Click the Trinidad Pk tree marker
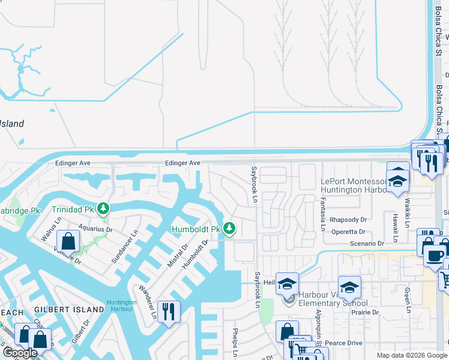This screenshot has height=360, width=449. pyautogui.click(x=104, y=209)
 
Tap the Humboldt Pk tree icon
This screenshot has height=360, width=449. pyautogui.click(x=229, y=228)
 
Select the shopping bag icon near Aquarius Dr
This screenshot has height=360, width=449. pyautogui.click(x=69, y=242)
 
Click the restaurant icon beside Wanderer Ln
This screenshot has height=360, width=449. pyautogui.click(x=168, y=311)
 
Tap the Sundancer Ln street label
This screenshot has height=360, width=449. pyautogui.click(x=125, y=247)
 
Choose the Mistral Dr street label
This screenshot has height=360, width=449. pyautogui.click(x=178, y=256)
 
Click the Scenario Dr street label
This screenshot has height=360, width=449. pyautogui.click(x=367, y=244)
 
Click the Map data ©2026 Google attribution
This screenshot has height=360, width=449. pyautogui.click(x=412, y=355)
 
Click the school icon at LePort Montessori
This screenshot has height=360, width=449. pyautogui.click(x=397, y=180)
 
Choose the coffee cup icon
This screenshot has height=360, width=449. pyautogui.click(x=435, y=256)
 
